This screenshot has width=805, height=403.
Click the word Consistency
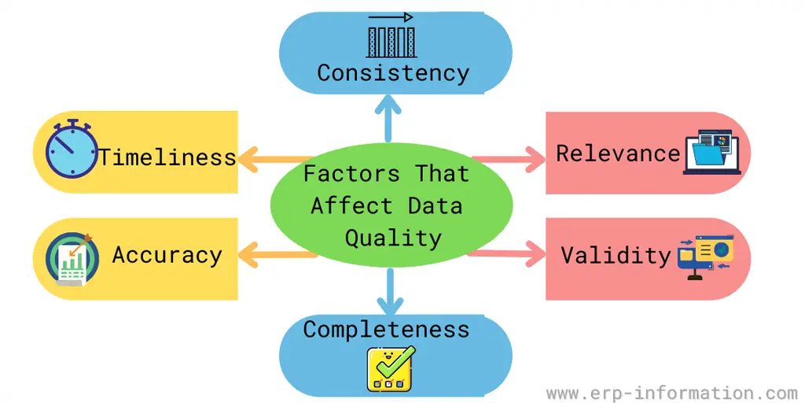point(393,73)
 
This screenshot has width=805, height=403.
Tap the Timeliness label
point(167,157)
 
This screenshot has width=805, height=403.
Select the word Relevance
point(617,153)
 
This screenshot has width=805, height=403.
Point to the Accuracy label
point(167,254)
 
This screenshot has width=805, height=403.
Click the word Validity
point(616,254)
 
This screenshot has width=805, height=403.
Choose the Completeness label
point(386,328)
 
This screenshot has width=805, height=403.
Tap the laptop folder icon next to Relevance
point(713,153)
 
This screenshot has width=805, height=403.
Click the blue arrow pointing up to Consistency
point(387,118)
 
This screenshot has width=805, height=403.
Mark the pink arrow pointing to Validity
point(509,253)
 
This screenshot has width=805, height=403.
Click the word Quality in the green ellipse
point(392,238)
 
